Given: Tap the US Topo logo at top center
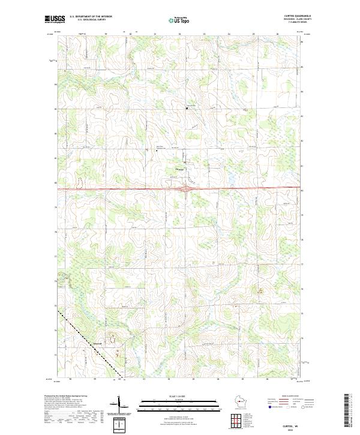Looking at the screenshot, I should click(x=181, y=20).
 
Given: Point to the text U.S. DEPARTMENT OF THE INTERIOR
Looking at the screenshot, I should click(x=91, y=17).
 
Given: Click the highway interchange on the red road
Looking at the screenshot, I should click(x=188, y=190).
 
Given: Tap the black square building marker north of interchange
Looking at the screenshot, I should click(x=187, y=109).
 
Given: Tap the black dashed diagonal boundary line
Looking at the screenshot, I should click(x=90, y=346).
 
